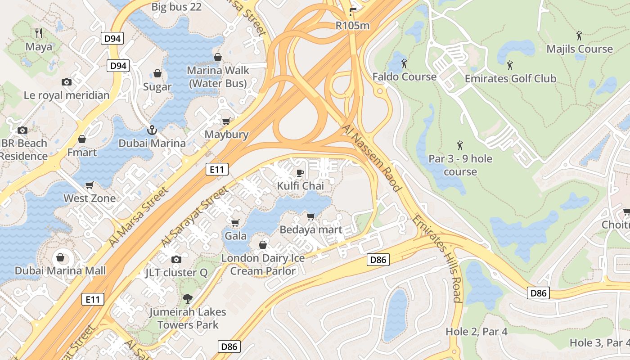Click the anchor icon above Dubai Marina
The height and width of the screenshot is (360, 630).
click(152, 130)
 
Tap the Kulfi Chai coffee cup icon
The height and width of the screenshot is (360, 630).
click(300, 173)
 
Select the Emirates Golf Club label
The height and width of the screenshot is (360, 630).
click(510, 79)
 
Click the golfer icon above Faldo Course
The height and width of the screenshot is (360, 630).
click(404, 63)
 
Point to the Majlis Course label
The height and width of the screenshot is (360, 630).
click(580, 49)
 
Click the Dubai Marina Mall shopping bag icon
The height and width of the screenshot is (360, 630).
click(60, 258)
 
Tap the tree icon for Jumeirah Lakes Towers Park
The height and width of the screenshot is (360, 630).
click(187, 298)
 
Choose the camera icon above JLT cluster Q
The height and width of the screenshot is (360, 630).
click(176, 259)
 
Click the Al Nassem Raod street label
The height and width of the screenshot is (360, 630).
click(371, 158)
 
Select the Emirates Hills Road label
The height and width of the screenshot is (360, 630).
click(437, 258)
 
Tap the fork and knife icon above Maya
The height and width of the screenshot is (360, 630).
click(39, 33)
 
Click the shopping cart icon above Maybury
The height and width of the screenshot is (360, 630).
click(226, 121)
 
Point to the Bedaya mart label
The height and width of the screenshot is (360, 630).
click(311, 229)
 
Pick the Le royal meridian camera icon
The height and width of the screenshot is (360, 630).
click(67, 82)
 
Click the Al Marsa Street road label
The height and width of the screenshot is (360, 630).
click(139, 216)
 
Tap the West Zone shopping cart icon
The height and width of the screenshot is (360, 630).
click(90, 185)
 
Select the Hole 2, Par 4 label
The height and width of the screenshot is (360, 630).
click(476, 332)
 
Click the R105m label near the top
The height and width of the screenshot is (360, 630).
click(352, 26)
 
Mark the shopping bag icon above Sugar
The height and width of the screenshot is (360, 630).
click(157, 73)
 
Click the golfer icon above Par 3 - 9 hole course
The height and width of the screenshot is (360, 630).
click(460, 145)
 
